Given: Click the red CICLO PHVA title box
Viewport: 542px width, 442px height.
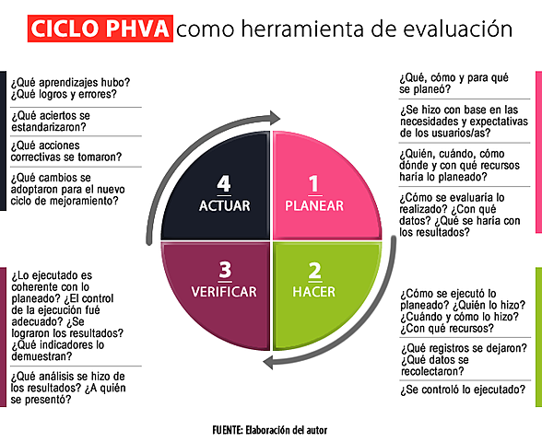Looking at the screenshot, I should click(x=100, y=29).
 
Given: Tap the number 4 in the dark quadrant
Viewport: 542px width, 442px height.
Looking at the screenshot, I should click(x=224, y=182).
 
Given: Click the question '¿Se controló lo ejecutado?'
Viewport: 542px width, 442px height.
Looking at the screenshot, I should click(x=462, y=391).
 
